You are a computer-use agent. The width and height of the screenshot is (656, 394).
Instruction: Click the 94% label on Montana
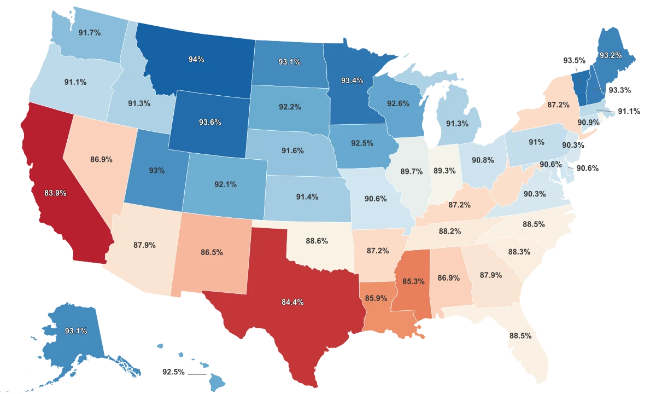[x=196, y=59]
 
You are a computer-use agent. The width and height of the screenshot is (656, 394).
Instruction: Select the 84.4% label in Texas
[x=292, y=302]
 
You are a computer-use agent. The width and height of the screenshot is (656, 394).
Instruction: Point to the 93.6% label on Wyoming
[x=210, y=122]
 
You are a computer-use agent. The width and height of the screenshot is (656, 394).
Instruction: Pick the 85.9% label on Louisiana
[x=376, y=298]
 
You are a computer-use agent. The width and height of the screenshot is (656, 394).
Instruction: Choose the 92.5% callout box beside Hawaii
[x=174, y=372]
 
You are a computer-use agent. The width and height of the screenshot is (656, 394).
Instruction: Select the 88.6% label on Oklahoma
[x=317, y=240]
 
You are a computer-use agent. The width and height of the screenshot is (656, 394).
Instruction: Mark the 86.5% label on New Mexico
[x=211, y=253]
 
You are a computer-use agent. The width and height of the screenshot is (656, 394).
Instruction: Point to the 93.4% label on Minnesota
[x=352, y=80]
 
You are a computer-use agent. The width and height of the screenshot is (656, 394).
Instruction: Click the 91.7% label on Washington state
[x=89, y=33]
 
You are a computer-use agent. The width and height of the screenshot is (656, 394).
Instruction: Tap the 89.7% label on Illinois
[x=411, y=171]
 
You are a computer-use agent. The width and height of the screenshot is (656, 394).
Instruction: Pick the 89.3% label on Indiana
[x=444, y=170]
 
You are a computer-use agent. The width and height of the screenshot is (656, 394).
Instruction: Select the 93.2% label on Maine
[x=610, y=55]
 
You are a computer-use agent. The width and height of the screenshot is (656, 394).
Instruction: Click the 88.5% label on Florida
[x=520, y=335]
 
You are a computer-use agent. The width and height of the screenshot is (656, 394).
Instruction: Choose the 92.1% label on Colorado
[x=225, y=184]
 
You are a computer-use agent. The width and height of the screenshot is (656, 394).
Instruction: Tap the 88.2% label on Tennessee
[x=450, y=231]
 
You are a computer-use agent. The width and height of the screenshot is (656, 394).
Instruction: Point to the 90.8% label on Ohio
[x=483, y=160]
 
